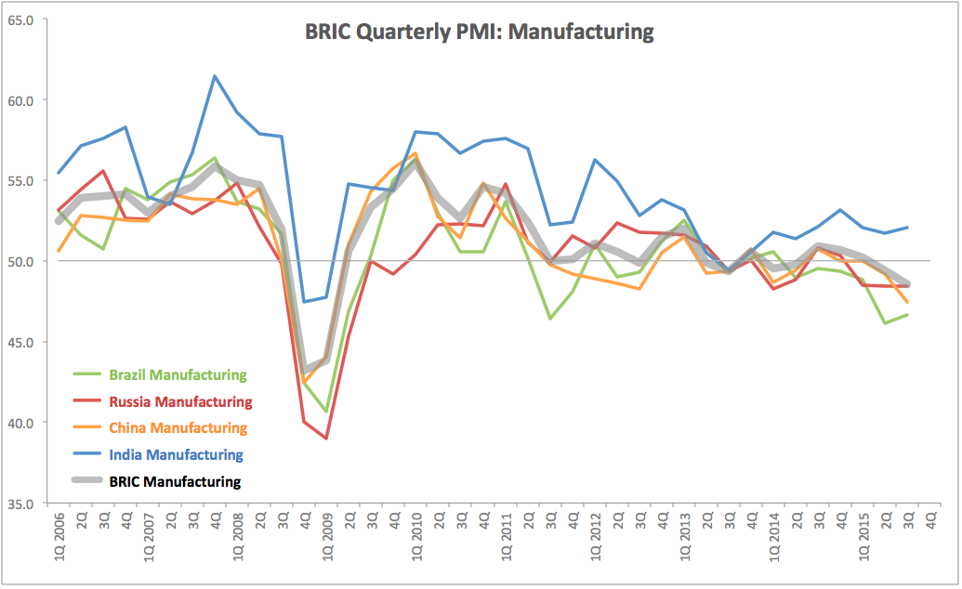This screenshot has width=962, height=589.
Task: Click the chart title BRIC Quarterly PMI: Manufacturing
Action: [480, 32]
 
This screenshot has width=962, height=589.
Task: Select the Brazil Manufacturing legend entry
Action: [178, 375]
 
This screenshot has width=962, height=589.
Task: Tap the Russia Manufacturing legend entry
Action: [180, 402]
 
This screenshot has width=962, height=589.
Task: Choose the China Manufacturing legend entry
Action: [178, 428]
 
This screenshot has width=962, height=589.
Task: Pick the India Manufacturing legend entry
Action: [176, 455]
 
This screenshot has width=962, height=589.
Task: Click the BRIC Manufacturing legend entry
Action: [175, 481]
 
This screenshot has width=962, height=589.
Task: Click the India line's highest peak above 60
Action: [215, 76]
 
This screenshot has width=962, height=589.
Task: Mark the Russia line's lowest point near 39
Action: [326, 438]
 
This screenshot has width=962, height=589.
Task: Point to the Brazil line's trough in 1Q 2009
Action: [326, 412]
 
